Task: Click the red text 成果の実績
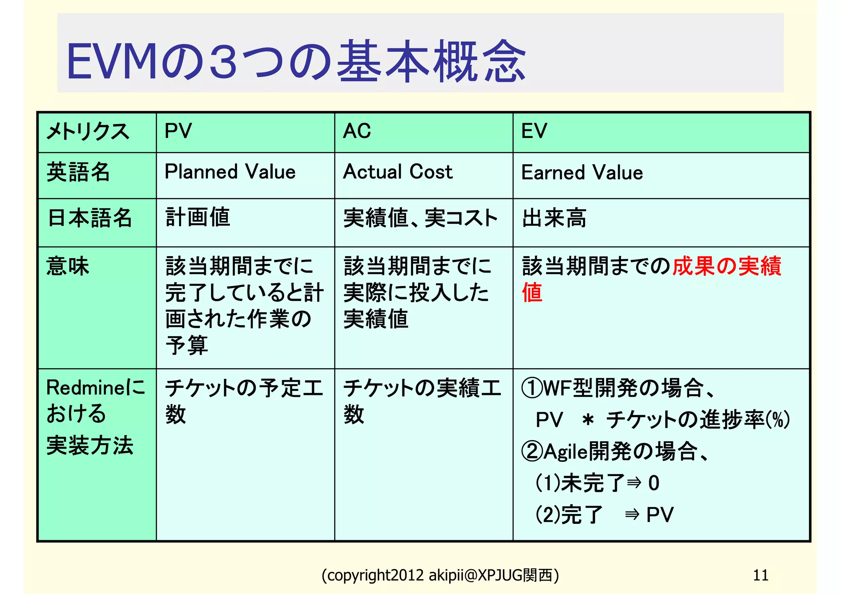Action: [726, 266]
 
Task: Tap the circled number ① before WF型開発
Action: [532, 388]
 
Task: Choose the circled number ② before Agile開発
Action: [532, 451]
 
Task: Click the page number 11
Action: [761, 575]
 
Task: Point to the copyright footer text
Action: [440, 576]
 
